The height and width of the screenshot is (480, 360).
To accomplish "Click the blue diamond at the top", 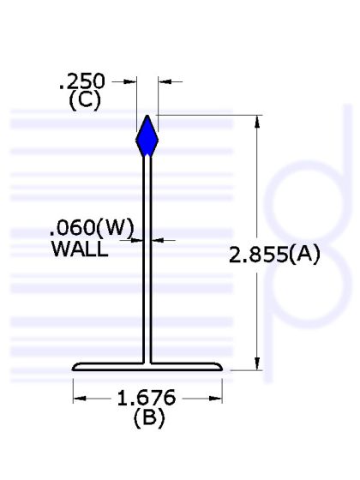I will click(147, 136).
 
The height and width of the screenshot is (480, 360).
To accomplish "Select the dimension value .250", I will click(81, 82).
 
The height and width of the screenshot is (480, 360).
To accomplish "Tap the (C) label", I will click(84, 99).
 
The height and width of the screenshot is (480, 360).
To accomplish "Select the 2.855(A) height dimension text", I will click(273, 255).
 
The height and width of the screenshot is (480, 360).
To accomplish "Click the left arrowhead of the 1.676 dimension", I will click(79, 398).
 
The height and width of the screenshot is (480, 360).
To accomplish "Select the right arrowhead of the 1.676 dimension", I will click(217, 398).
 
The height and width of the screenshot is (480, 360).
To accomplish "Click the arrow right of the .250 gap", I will click(163, 82).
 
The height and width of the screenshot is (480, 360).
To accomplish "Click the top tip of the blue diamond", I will click(147, 116).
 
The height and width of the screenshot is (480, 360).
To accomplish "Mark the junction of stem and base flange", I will click(147, 362).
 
